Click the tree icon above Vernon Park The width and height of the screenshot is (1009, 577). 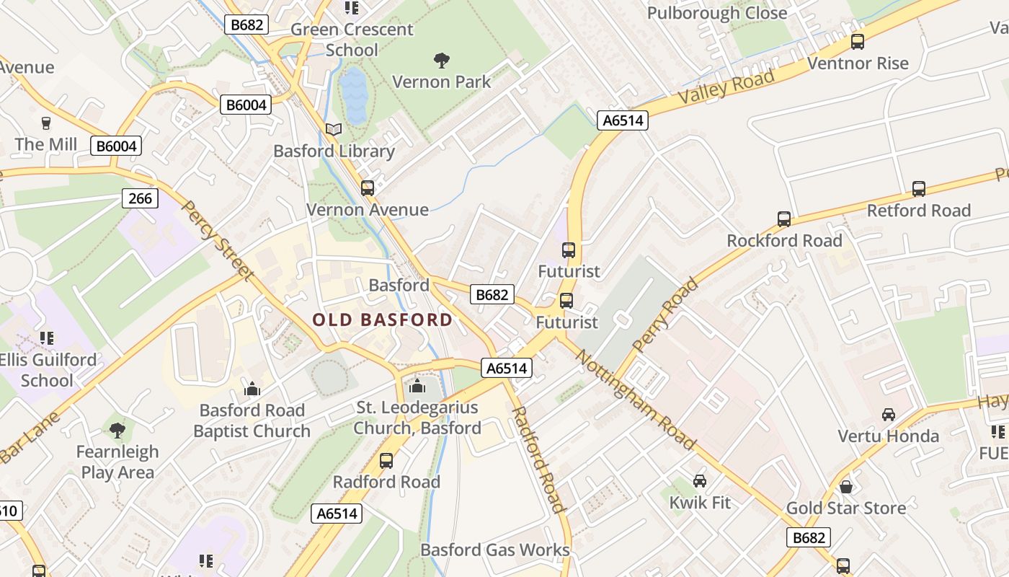[x=441, y=61]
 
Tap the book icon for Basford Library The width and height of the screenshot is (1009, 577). [x=333, y=130]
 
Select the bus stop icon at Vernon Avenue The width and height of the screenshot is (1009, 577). [x=368, y=188]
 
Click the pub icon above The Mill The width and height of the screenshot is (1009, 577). [x=46, y=123]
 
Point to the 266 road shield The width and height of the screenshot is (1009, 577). [x=140, y=198]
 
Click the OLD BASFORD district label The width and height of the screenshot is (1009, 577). [x=383, y=320]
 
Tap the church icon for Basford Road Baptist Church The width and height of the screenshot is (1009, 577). [x=252, y=389]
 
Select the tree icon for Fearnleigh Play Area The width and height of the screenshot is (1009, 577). [x=117, y=431]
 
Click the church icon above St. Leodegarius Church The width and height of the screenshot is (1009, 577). [x=417, y=387]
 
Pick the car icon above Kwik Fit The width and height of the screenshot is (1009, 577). [x=699, y=480]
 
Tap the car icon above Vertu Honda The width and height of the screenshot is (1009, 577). [x=889, y=415]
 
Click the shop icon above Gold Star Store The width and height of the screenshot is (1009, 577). [x=846, y=487]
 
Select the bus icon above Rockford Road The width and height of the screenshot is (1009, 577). [x=783, y=219]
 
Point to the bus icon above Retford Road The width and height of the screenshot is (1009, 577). [x=918, y=189]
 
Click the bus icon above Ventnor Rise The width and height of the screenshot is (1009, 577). [x=857, y=42]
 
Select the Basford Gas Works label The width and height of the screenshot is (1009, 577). [x=495, y=550]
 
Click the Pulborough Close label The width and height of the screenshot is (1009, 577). [x=717, y=13]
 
